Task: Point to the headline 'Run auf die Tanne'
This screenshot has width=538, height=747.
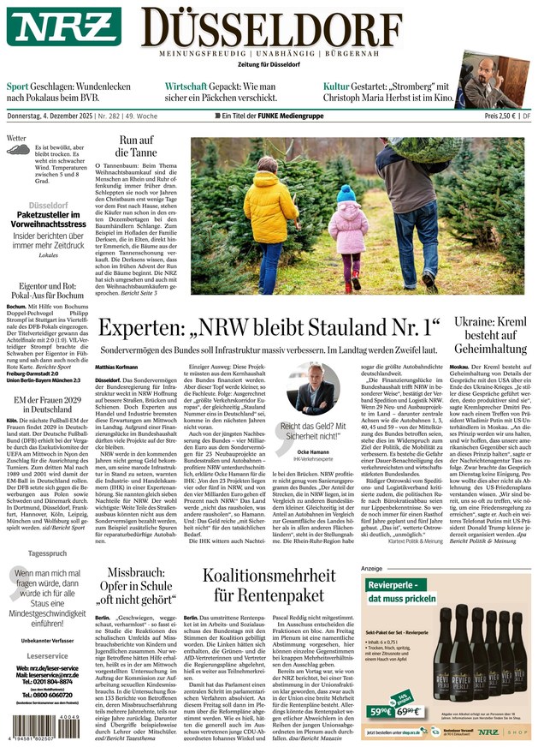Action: tap(136, 146)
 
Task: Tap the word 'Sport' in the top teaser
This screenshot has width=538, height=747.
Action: tap(17, 87)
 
